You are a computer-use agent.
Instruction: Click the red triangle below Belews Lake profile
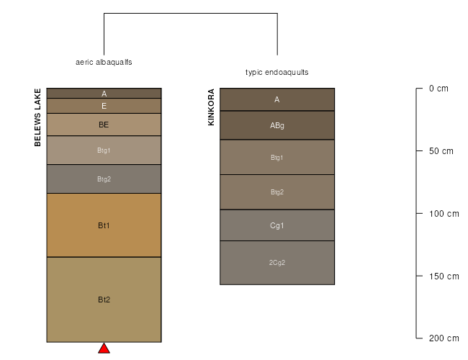pos(104,348)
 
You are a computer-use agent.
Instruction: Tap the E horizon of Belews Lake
pos(104,106)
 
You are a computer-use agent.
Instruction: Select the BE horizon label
pos(104,125)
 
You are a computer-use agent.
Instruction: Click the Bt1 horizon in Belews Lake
pos(104,225)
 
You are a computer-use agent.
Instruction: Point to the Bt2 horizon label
pos(104,300)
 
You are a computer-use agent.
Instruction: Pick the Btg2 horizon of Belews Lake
pos(104,179)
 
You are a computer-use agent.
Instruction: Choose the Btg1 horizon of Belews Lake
pos(104,150)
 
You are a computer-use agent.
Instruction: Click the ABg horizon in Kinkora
pos(277,125)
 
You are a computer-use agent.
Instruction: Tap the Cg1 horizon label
pos(277,225)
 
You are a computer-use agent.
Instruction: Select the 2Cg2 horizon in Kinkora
pos(277,263)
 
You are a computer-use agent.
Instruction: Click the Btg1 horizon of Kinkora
pos(277,157)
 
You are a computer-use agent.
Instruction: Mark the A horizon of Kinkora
pos(277,99)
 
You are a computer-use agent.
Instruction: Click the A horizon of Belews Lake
pos(104,93)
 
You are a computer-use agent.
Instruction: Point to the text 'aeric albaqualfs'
pos(104,62)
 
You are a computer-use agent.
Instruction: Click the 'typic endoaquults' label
pos(277,72)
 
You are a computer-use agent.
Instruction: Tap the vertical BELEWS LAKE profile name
pos(37,117)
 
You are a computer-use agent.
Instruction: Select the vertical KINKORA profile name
pos(211,107)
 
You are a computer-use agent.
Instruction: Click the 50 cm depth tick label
pos(441,151)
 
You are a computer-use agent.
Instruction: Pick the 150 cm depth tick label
pos(444,276)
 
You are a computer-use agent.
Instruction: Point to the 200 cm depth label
pos(444,338)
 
